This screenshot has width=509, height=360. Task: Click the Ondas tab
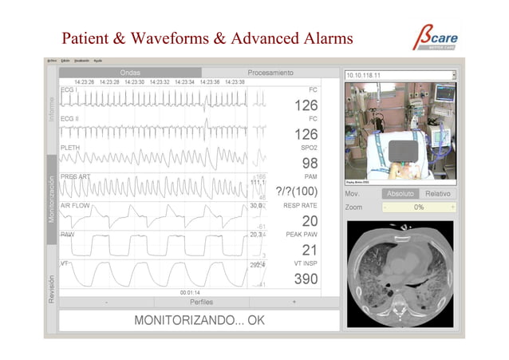pos(130,73)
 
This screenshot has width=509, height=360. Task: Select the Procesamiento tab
pos(270,73)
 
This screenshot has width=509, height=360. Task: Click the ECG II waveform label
pos(70,118)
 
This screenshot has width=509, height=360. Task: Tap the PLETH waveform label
pos(70,148)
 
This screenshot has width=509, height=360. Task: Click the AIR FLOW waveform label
pos(74,205)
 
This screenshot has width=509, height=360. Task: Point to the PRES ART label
pos(75,176)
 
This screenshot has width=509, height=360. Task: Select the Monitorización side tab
pos(52,196)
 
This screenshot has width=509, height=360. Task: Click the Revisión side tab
pos(52,289)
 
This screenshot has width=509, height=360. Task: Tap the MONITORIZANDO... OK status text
pos(199,321)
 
